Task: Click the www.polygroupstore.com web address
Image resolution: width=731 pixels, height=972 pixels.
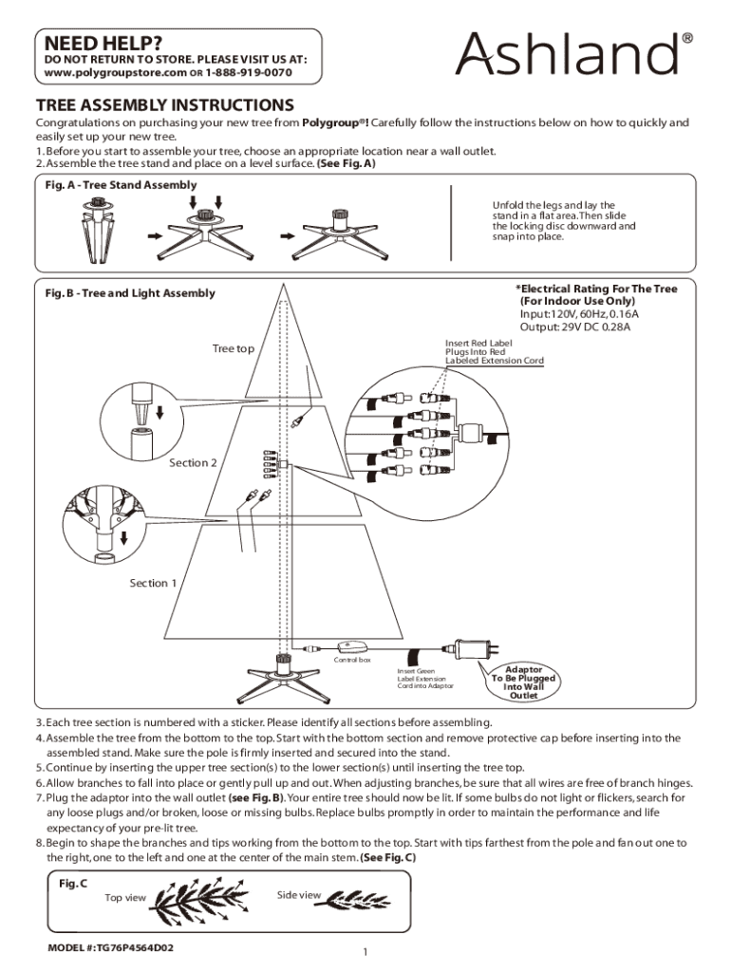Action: point(106,72)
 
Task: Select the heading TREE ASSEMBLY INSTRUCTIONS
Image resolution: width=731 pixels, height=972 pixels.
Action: point(164,104)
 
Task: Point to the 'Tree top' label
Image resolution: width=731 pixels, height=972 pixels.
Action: point(233,348)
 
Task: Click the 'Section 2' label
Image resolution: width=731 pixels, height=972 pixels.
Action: point(194,462)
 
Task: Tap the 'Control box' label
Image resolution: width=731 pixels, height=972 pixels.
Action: point(351,660)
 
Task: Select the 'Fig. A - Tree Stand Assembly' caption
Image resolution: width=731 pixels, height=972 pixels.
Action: point(121,184)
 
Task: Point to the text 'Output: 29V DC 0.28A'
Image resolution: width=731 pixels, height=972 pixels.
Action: point(574,327)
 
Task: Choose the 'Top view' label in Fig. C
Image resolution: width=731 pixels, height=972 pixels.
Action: point(125,898)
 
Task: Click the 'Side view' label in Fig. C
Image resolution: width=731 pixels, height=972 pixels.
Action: point(298,894)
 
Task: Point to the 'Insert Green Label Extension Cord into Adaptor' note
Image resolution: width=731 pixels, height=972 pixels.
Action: point(425,678)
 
